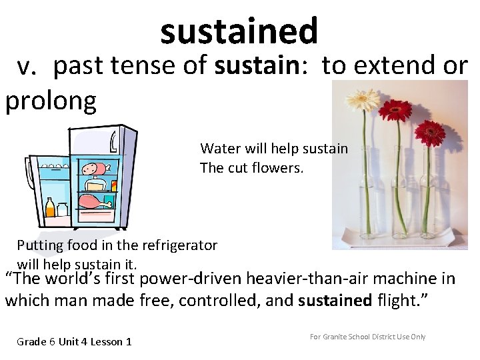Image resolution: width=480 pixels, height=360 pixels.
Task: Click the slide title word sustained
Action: click(x=239, y=31)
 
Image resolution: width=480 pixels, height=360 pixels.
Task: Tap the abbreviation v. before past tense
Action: click(x=31, y=67)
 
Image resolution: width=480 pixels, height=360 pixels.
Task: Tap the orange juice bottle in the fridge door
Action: click(x=49, y=208)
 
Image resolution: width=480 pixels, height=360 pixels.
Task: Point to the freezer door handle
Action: click(x=113, y=142)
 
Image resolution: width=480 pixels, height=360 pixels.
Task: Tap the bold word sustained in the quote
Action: click(x=335, y=301)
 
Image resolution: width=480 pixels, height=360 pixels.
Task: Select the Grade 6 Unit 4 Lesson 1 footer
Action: click(x=74, y=342)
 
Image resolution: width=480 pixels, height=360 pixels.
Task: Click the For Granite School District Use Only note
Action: click(x=367, y=337)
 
